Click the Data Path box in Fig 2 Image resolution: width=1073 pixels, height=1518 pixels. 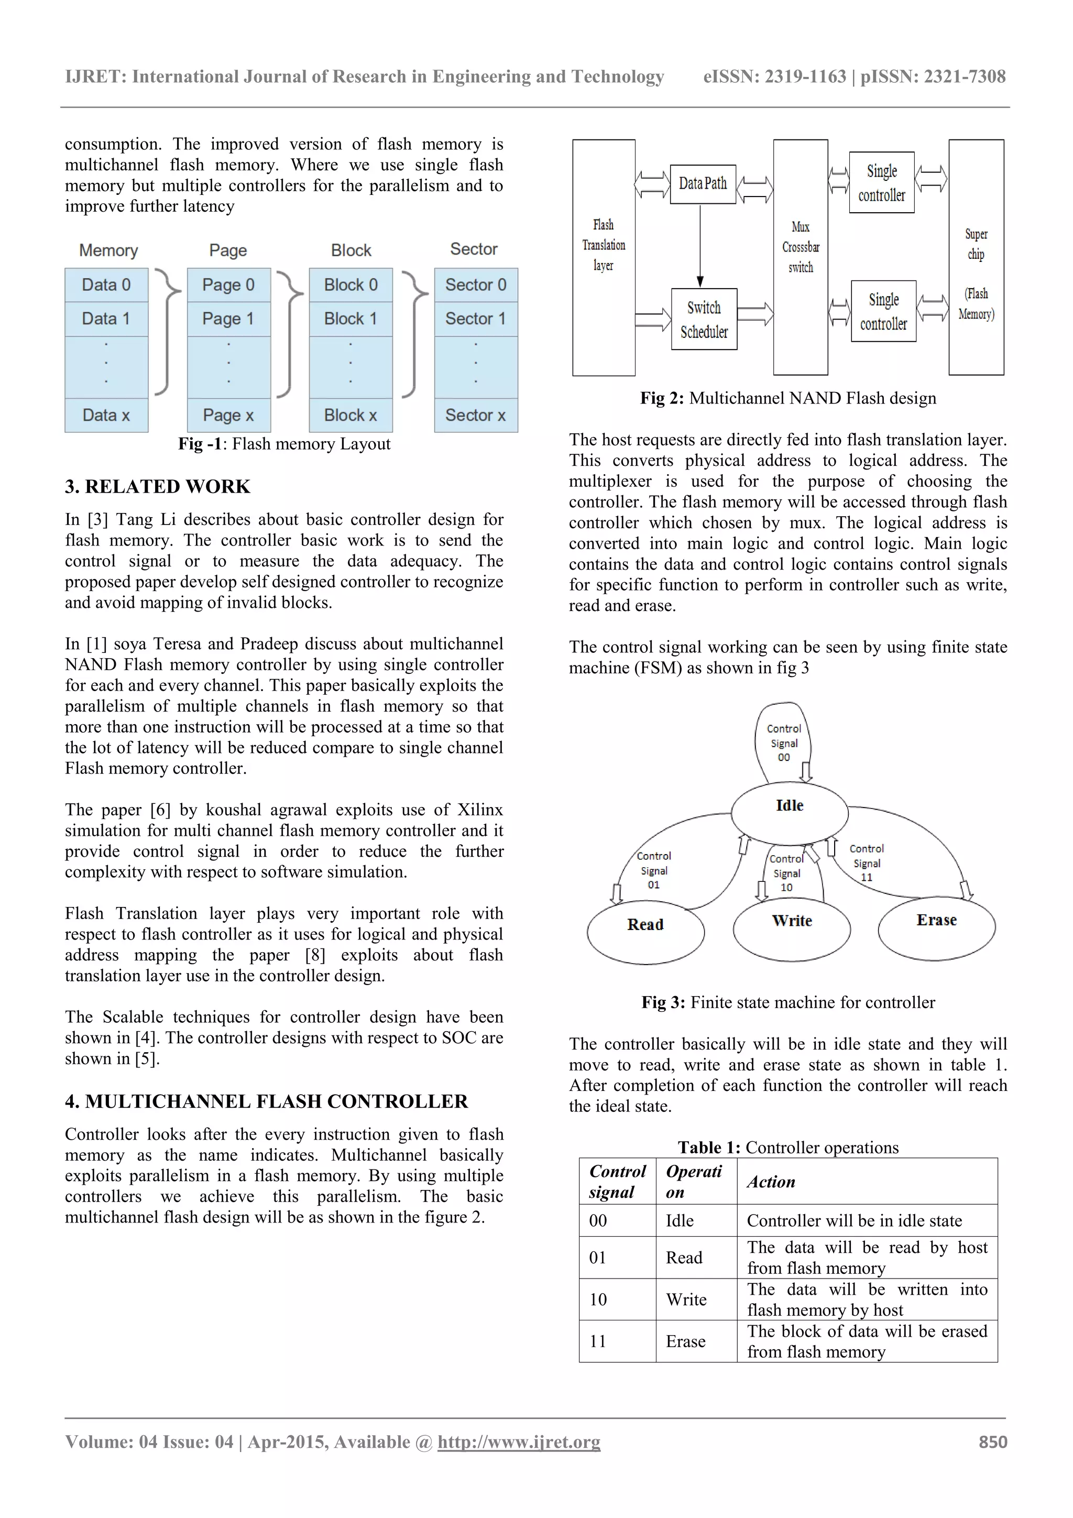click(x=702, y=184)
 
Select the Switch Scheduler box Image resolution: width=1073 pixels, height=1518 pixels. click(x=704, y=319)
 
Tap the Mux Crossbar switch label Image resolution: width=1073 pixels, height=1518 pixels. click(x=800, y=247)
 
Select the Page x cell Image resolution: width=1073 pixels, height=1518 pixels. click(x=229, y=415)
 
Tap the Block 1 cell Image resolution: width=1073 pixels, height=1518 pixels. click(x=351, y=319)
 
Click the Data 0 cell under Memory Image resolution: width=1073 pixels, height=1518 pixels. click(x=106, y=285)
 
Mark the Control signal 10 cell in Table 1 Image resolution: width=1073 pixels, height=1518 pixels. click(x=598, y=1299)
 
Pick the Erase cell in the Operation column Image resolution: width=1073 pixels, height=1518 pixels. click(x=686, y=1341)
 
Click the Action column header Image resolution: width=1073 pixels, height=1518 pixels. click(x=771, y=1182)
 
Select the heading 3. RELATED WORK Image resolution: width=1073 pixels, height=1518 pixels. click(x=157, y=487)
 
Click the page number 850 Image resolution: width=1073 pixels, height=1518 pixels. click(x=992, y=1442)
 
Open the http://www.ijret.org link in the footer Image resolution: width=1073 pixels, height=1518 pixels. click(x=519, y=1442)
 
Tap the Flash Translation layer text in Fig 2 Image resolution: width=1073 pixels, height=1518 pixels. click(x=603, y=245)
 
